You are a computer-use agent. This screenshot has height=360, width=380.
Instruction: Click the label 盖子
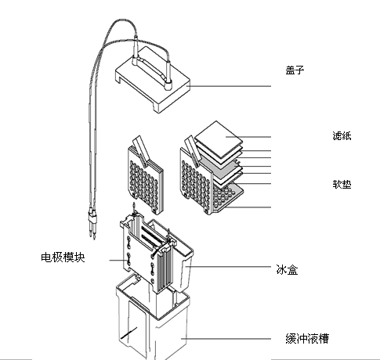pyautogui.click(x=295, y=70)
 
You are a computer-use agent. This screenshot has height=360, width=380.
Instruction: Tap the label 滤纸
pyautogui.click(x=342, y=136)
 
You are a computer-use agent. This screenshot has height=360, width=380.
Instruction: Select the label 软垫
pyautogui.click(x=342, y=184)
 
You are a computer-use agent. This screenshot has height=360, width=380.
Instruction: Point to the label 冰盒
pyautogui.click(x=287, y=269)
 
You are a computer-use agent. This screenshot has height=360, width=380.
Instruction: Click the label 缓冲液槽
pyautogui.click(x=307, y=338)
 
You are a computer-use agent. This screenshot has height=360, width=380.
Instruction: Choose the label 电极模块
pyautogui.click(x=63, y=257)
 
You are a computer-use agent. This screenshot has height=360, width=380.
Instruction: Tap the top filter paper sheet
pyautogui.click(x=219, y=139)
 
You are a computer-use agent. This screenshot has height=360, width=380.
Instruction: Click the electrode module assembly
pyautogui.click(x=147, y=253)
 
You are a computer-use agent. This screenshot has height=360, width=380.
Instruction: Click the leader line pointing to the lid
pyautogui.click(x=229, y=86)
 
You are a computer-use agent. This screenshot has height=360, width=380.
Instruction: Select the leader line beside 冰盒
pyautogui.click(x=228, y=267)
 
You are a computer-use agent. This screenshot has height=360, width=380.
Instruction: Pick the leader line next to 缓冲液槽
pyautogui.click(x=226, y=339)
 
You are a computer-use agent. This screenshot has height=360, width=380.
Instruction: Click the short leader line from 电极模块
pyautogui.click(x=117, y=260)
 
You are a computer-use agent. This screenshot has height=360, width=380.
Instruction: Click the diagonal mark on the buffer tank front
pyautogui.click(x=129, y=333)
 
